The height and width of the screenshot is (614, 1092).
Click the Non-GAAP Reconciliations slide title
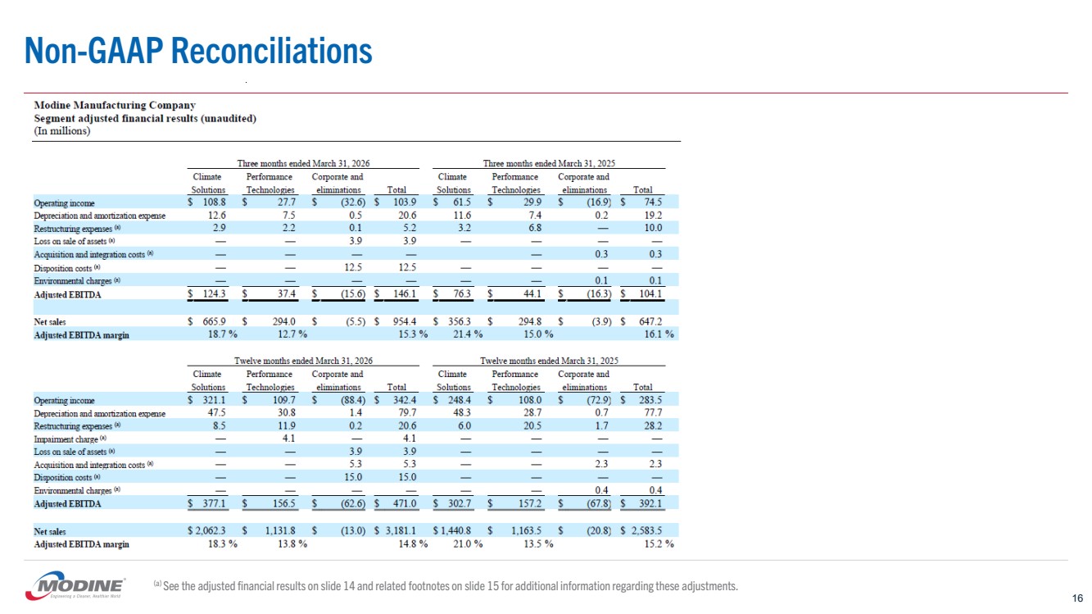pyautogui.click(x=198, y=51)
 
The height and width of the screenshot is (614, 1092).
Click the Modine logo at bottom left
pyautogui.click(x=75, y=585)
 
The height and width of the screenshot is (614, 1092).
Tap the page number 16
pyautogui.click(x=1077, y=598)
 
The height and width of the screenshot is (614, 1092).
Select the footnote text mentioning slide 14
pyautogui.click(x=446, y=585)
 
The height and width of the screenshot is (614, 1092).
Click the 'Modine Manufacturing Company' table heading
pyautogui.click(x=115, y=106)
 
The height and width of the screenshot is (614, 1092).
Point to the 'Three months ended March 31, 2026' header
pyautogui.click(x=303, y=163)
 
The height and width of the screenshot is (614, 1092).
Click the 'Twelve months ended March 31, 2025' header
pyautogui.click(x=549, y=361)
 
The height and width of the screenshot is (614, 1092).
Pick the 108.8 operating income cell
pyautogui.click(x=214, y=202)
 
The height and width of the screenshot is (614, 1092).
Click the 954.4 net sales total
pyautogui.click(x=405, y=321)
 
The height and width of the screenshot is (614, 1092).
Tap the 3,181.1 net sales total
pyautogui.click(x=401, y=530)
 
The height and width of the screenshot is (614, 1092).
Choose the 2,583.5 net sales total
pyautogui.click(x=647, y=530)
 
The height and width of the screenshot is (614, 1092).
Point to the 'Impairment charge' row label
pyautogui.click(x=66, y=439)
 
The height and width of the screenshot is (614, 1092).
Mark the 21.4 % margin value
pyautogui.click(x=468, y=334)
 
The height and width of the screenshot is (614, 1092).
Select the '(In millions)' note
pyautogui.click(x=62, y=131)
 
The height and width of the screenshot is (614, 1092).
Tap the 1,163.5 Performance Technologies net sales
pyautogui.click(x=525, y=530)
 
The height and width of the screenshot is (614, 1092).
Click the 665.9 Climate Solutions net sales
pyautogui.click(x=214, y=321)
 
